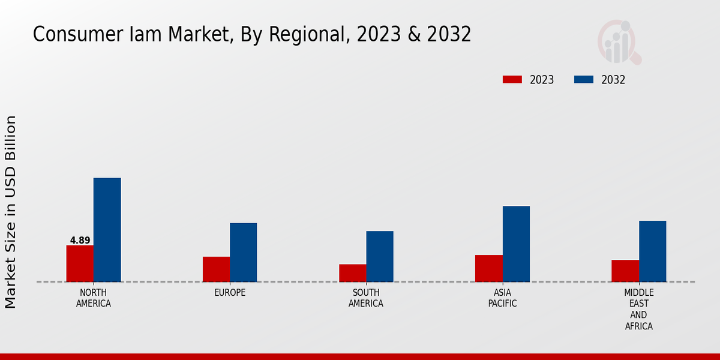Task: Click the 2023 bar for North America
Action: tap(80, 263)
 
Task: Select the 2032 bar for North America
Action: tap(107, 230)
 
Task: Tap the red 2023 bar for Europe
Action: tap(216, 269)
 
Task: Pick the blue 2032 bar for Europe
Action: tap(243, 253)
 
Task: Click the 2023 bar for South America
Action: tap(352, 273)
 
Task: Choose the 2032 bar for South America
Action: tap(380, 256)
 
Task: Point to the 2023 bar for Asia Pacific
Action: tap(488, 268)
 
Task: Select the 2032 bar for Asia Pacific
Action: tap(516, 244)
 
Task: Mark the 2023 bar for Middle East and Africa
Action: tap(625, 271)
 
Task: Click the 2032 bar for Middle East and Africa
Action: tap(652, 251)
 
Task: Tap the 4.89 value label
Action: tap(80, 241)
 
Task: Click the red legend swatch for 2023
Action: tap(512, 80)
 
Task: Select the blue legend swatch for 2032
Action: tap(584, 80)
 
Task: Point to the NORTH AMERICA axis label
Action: tap(94, 298)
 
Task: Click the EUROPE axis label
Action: tap(230, 293)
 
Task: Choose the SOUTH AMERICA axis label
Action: tap(366, 298)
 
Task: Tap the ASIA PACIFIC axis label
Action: tap(502, 298)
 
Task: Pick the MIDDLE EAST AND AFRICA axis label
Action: tap(638, 310)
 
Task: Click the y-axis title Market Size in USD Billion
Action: tap(11, 212)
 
